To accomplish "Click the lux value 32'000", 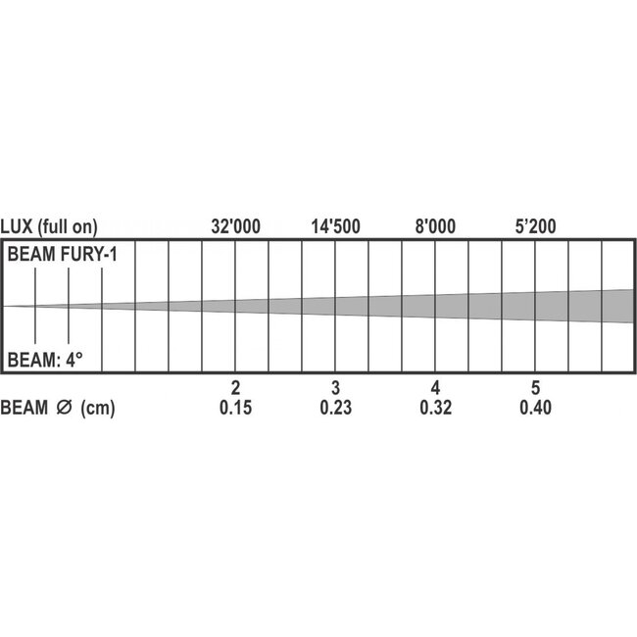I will coord(236,226).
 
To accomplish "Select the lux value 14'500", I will coord(336,226).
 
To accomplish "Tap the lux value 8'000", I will coord(436,226).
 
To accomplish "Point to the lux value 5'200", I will coord(535,226).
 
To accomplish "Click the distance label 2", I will coord(235,387).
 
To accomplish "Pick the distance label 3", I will coord(335,387).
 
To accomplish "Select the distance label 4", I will coord(435,387).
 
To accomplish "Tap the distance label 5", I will coord(535,387).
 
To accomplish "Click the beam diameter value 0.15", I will coord(235,409).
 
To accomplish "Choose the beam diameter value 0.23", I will coord(335,409).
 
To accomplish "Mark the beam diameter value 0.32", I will coord(435,409).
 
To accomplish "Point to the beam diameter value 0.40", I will coord(535,409).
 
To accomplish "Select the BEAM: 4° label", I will coord(45,360).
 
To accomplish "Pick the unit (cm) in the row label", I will coord(98,409).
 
